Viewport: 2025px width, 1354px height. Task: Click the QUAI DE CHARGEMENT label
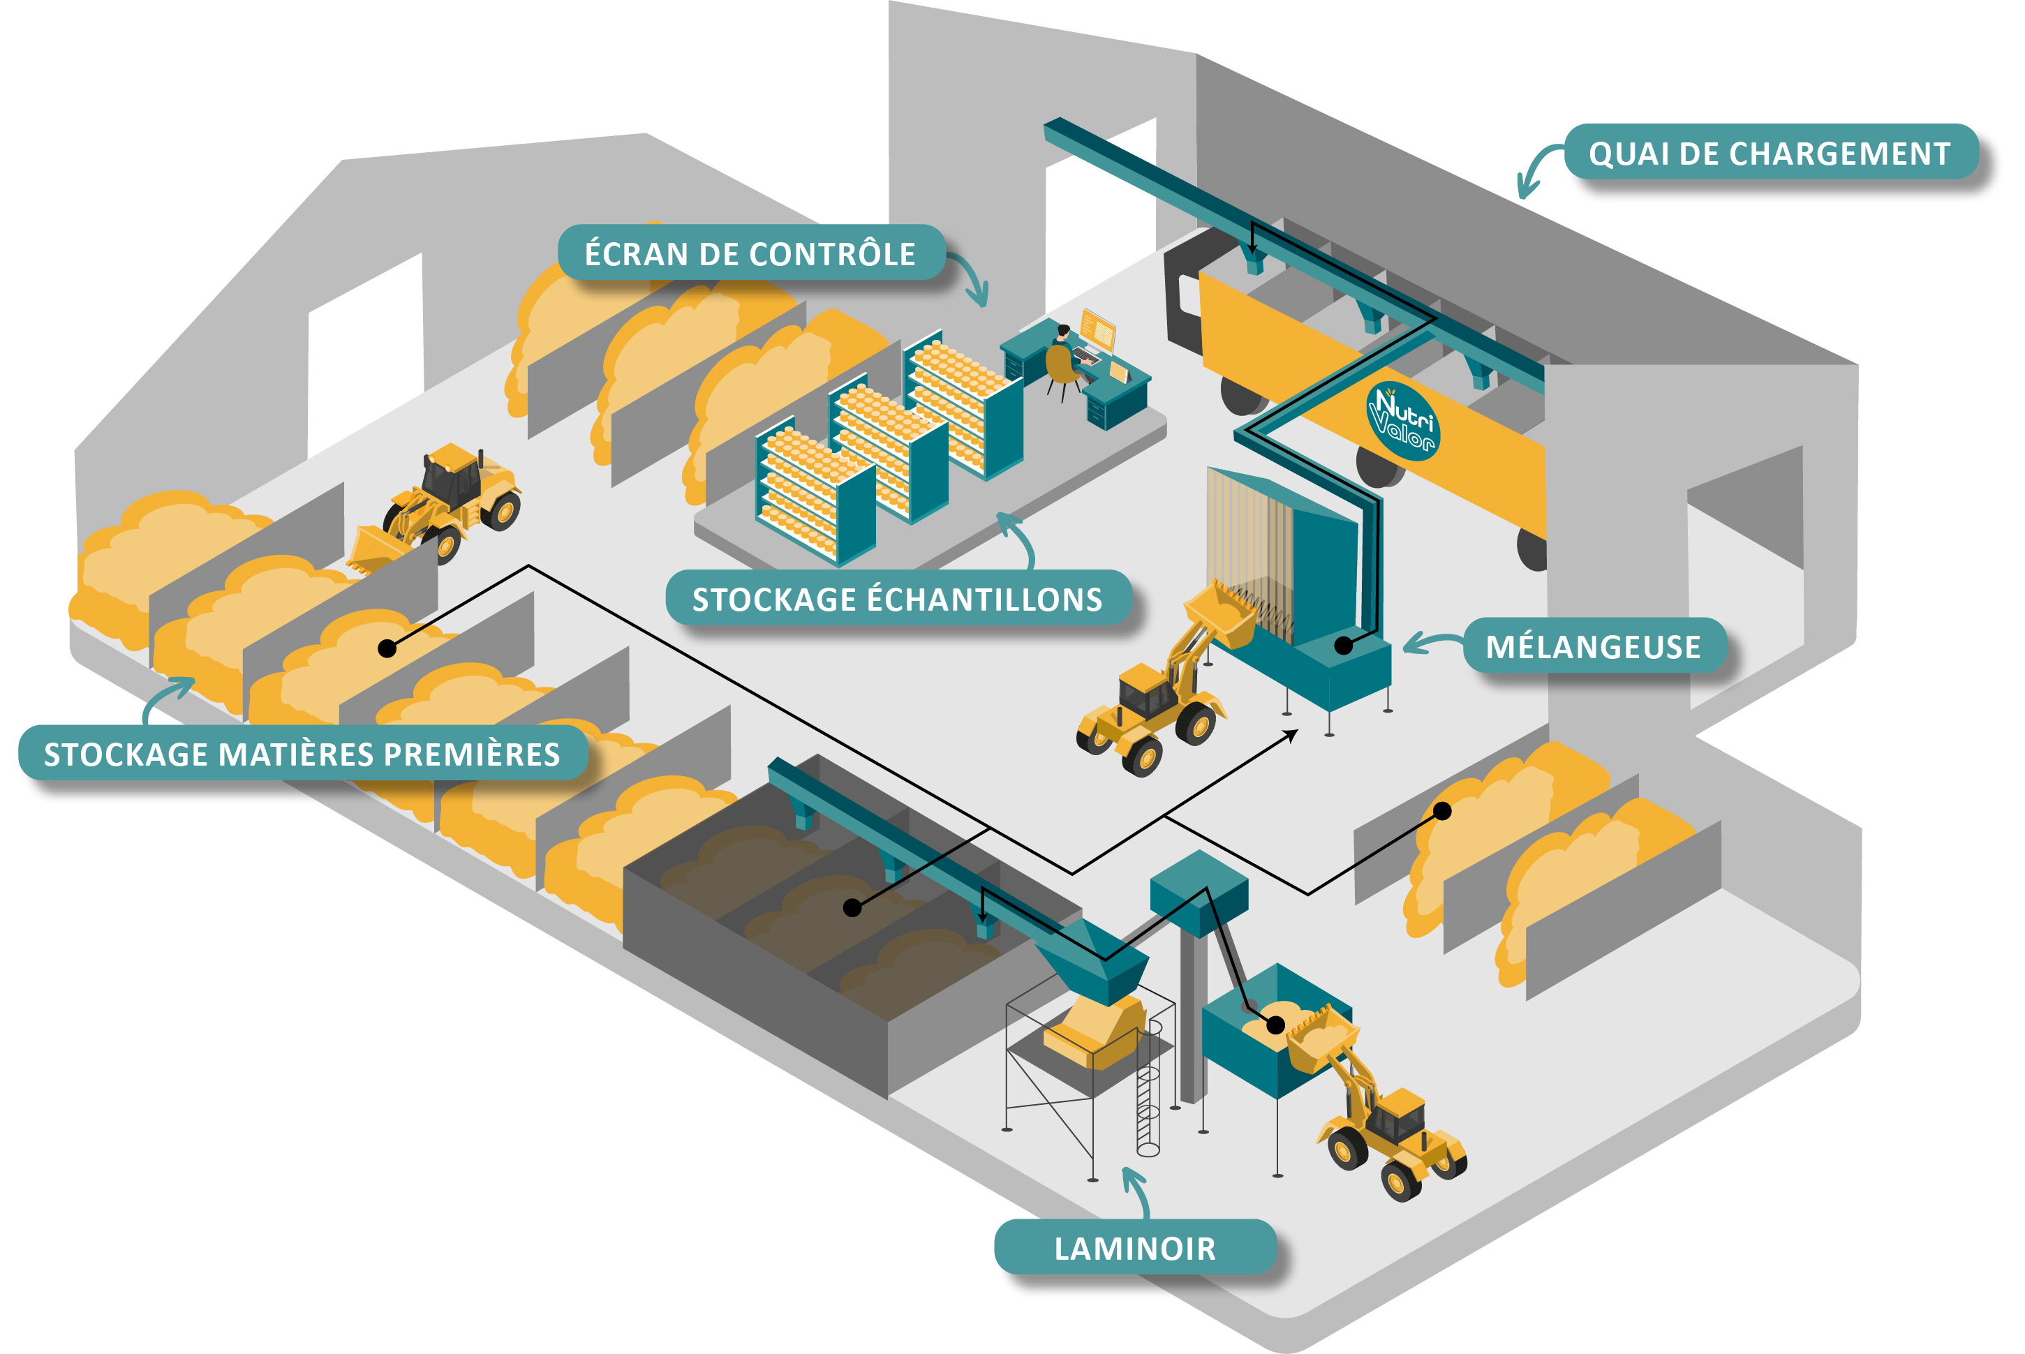tap(1770, 153)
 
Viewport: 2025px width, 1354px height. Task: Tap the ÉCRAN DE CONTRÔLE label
tap(750, 253)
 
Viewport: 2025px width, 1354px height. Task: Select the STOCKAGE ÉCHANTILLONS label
tap(897, 598)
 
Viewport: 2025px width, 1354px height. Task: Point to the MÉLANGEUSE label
tap(1593, 646)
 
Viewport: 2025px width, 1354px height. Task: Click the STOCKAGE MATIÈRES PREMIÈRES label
tap(302, 754)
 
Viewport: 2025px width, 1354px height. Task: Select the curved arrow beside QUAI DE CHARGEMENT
tap(1537, 170)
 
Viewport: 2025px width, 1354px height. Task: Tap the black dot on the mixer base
tap(1344, 645)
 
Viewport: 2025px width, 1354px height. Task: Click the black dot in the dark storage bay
tap(852, 907)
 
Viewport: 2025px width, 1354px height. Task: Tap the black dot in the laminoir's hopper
tap(1275, 1025)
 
